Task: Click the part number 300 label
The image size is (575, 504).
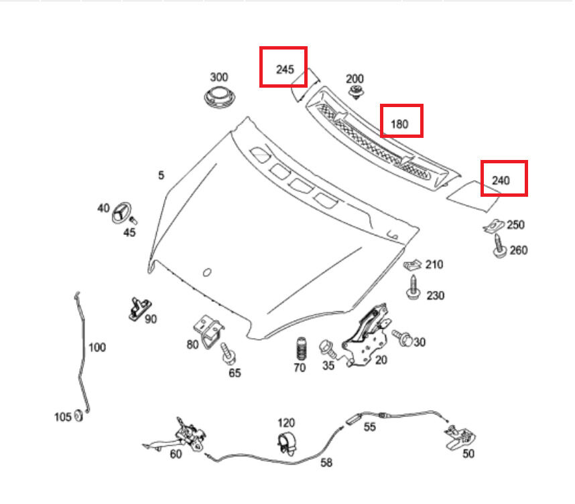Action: click(x=219, y=77)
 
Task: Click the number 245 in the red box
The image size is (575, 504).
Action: click(x=285, y=68)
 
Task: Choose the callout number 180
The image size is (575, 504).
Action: click(x=399, y=123)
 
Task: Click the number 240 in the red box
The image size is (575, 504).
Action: click(x=501, y=180)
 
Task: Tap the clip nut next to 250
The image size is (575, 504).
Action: click(x=494, y=227)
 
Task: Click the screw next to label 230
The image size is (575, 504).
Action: click(x=413, y=288)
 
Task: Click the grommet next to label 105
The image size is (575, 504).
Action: click(x=78, y=416)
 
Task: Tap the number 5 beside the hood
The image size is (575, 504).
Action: click(x=161, y=175)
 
